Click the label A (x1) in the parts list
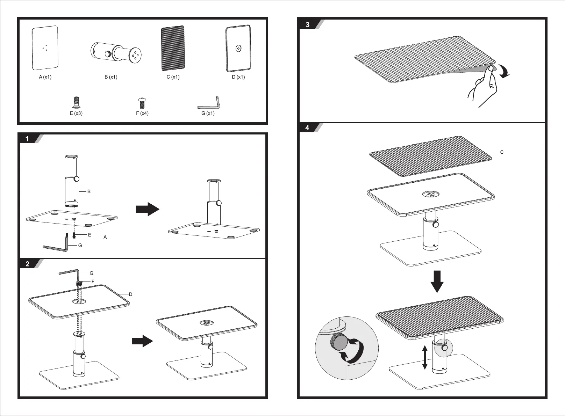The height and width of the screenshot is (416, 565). [x=45, y=77]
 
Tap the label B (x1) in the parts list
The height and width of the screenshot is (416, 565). [x=111, y=77]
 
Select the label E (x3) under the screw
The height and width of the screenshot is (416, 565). [x=76, y=114]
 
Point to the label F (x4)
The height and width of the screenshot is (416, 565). [x=142, y=114]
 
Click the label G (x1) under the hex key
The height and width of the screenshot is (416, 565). [x=208, y=114]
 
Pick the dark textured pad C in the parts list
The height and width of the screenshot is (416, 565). [x=173, y=48]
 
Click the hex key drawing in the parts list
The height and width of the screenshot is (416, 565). [x=208, y=102]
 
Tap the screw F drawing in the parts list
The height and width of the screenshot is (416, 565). [x=142, y=103]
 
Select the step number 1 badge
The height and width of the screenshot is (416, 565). [x=27, y=139]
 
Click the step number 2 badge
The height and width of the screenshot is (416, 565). [x=27, y=264]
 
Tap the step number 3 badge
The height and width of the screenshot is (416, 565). [x=307, y=25]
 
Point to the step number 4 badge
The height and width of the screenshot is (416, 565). [x=307, y=128]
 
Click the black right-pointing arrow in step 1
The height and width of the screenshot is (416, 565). [x=148, y=209]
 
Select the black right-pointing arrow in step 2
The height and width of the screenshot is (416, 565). [x=143, y=341]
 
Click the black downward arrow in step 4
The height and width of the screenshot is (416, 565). [x=437, y=282]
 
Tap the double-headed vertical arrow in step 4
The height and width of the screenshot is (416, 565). [x=425, y=357]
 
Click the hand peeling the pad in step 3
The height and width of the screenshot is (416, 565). [x=482, y=86]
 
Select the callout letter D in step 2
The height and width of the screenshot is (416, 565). [x=130, y=294]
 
